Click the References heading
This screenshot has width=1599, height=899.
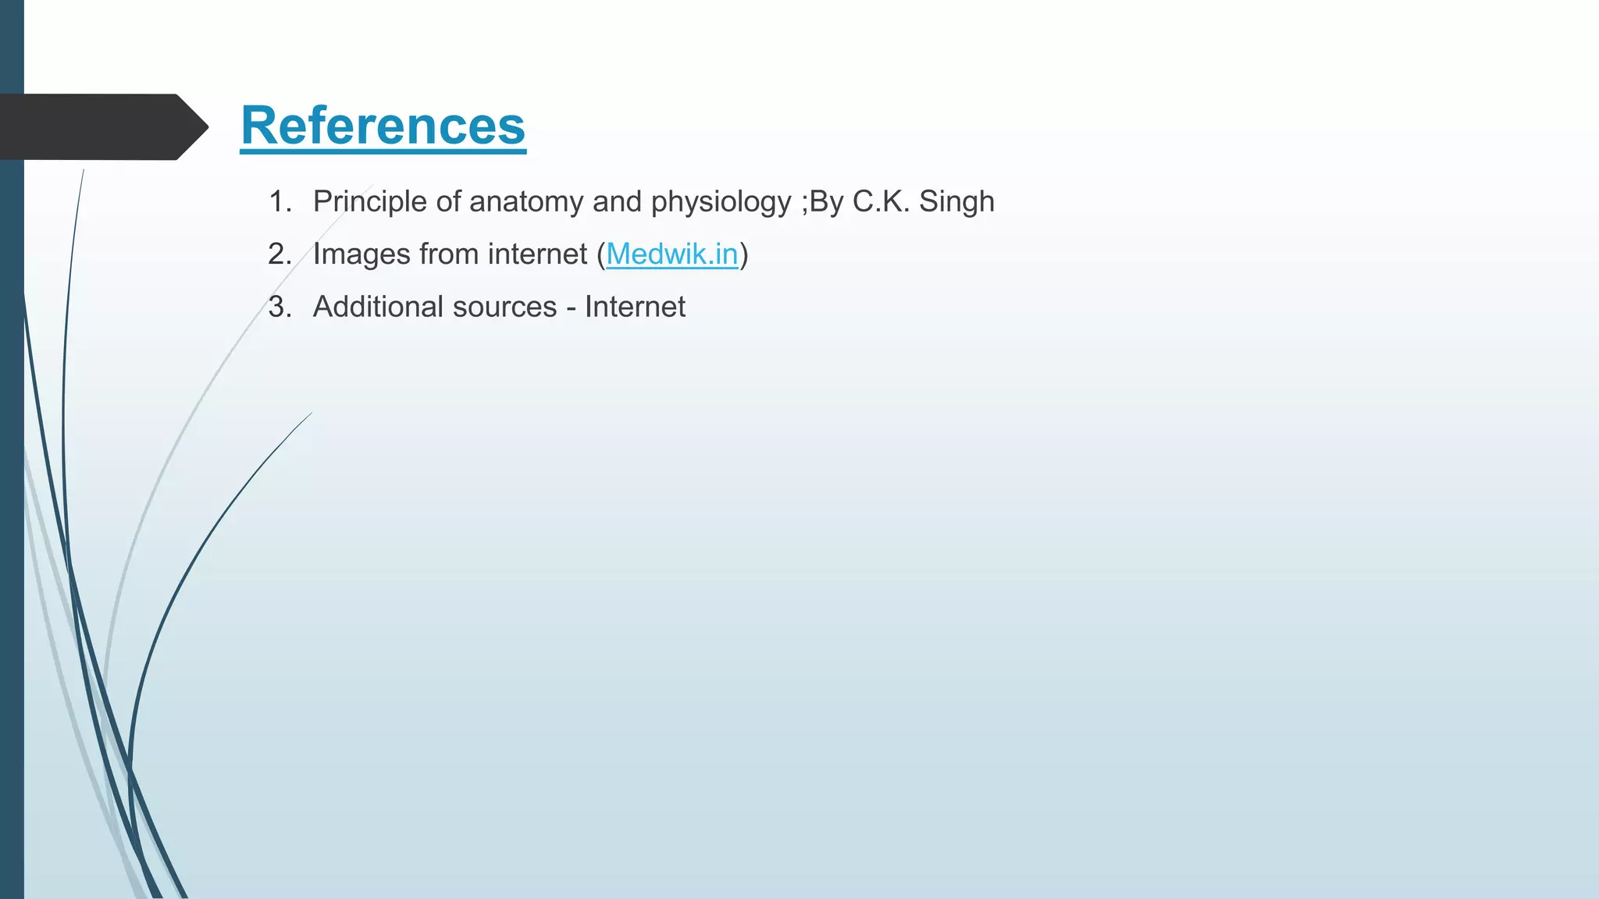383,126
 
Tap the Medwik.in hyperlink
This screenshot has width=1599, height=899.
671,254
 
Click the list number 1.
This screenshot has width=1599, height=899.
279,202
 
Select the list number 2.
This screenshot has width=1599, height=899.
279,254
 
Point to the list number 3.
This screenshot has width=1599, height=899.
279,307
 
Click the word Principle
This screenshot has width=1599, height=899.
370,202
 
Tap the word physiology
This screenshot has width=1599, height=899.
721,202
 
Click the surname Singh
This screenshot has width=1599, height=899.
956,202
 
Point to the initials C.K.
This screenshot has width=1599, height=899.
881,202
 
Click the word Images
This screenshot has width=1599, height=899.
361,254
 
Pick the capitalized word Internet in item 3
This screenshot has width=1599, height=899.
635,307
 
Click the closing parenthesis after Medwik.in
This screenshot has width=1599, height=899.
744,254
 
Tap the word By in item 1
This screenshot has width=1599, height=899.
826,202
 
